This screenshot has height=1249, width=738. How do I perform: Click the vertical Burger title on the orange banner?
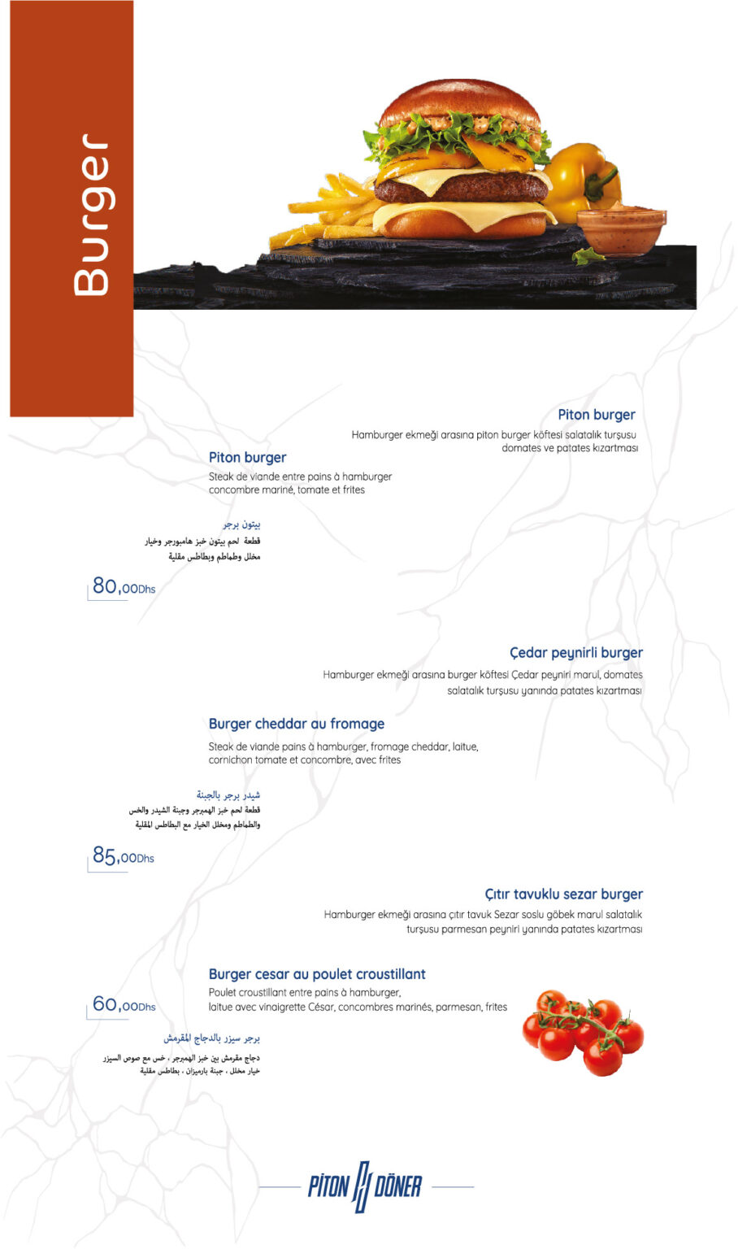[x=90, y=215]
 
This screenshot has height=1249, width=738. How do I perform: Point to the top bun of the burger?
[x=459, y=102]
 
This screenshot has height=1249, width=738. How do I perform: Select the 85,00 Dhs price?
[x=123, y=855]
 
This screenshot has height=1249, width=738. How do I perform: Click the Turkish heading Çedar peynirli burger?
[x=575, y=653]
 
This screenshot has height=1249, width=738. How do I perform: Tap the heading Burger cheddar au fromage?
[x=297, y=724]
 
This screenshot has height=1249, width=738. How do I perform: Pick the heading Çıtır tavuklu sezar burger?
[x=563, y=894]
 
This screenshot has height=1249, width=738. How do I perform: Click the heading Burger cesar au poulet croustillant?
[x=317, y=974]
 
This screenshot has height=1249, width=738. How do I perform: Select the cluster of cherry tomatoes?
[x=583, y=1030]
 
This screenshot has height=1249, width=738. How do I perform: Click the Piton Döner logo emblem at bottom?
[x=365, y=1187]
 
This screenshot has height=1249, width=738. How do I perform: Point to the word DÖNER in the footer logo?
[x=398, y=1187]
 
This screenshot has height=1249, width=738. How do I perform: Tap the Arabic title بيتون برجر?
[x=242, y=524]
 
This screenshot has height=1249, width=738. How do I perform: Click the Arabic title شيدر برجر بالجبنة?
[x=228, y=794]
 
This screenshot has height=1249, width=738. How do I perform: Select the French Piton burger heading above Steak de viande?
[x=247, y=458]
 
